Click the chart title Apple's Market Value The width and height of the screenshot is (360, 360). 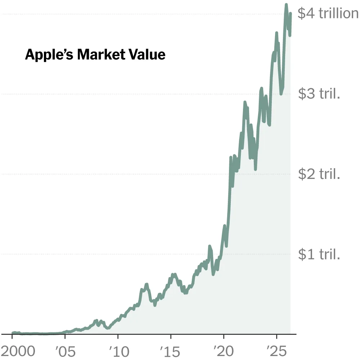(95, 55)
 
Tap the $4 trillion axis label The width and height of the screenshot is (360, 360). (328, 14)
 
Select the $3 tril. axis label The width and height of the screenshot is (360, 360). (319, 94)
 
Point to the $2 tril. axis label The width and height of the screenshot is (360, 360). (319, 174)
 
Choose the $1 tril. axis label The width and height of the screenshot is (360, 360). (319, 255)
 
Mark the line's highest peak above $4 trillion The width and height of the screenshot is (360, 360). (286, 5)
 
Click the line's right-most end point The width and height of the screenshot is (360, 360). (290, 14)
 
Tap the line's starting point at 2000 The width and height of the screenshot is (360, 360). (13, 333)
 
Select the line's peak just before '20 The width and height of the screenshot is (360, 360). (210, 247)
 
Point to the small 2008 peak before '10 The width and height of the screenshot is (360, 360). (96, 320)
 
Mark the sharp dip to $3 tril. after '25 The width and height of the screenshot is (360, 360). (281, 94)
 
